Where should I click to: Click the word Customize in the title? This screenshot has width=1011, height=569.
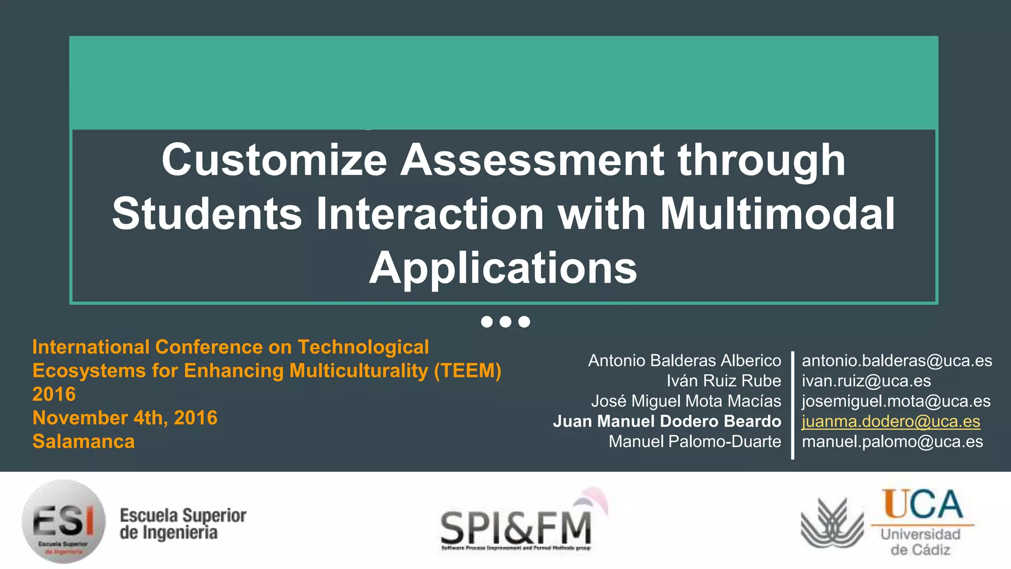274,161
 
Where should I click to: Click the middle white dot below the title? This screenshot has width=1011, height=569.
505,322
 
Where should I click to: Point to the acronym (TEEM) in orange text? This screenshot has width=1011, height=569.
467,371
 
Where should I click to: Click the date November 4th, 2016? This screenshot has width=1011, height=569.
125,418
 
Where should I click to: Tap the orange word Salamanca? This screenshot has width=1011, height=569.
83,442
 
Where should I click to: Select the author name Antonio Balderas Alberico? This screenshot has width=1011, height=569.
684,361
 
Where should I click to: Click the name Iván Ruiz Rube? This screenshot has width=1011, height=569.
723,381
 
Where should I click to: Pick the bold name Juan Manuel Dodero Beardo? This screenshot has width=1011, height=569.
666,421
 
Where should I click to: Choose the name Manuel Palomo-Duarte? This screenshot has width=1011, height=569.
695,442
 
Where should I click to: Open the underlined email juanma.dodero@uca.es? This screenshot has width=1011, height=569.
891,421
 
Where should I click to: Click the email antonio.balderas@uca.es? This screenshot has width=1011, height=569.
896,361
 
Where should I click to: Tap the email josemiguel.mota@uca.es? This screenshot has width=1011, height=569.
895,401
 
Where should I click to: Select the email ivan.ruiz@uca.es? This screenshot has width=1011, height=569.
866,381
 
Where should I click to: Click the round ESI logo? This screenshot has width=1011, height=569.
64,521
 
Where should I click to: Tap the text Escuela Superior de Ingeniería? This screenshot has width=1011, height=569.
183,524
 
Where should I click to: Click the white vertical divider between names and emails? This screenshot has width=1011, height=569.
792,405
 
